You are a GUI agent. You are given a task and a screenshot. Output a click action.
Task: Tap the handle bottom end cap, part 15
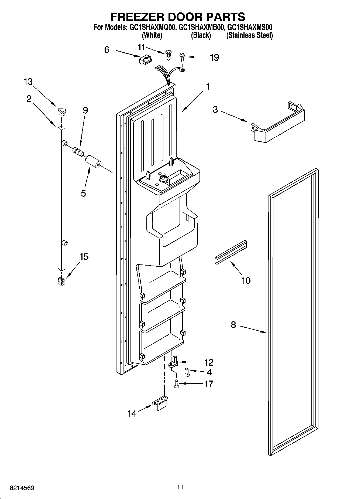pyautogui.click(x=62, y=282)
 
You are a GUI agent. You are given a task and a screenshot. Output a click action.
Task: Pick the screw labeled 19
pyautogui.click(x=182, y=57)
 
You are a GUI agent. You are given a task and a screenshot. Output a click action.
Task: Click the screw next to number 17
pyautogui.click(x=177, y=383)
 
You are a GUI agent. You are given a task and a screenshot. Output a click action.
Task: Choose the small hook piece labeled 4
pyautogui.click(x=187, y=372)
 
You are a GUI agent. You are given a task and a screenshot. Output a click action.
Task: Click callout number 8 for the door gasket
pyautogui.click(x=233, y=325)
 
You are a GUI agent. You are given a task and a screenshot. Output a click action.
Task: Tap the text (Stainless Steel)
pyautogui.click(x=249, y=35)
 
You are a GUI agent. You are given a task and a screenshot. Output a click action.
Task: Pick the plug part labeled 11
pyautogui.click(x=168, y=54)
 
